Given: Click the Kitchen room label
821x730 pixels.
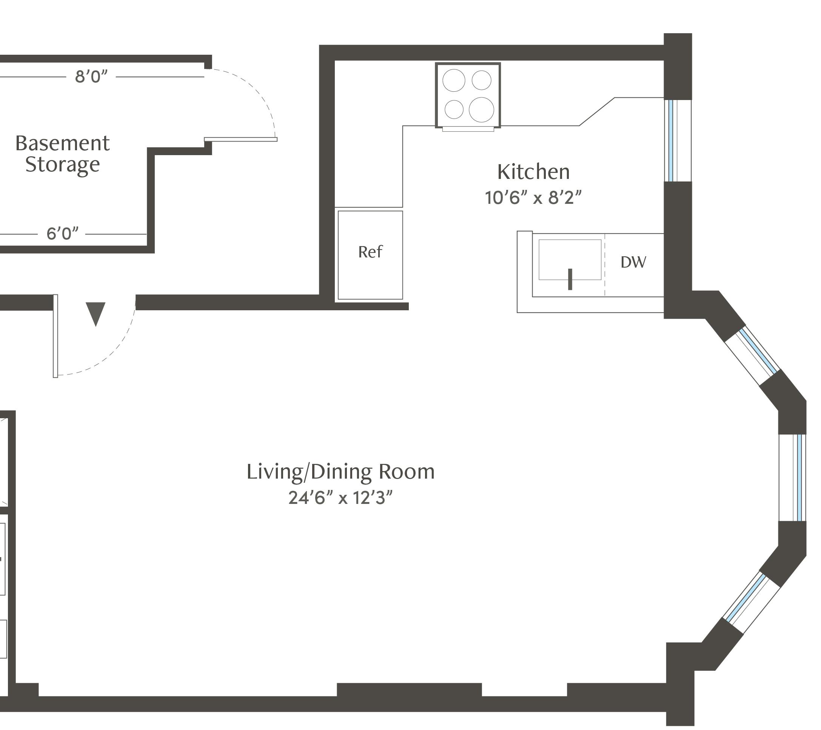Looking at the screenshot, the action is point(533,172).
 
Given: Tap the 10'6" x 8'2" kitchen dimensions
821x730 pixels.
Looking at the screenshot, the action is point(533,197).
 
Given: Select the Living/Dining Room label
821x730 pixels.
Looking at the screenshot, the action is point(340,472).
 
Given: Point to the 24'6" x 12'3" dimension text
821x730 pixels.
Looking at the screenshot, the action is point(340,498).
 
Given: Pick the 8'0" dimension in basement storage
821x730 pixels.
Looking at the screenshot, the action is point(91,76).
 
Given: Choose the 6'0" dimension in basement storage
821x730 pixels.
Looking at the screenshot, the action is point(62,233).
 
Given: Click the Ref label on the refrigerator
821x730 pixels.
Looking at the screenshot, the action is point(370,252).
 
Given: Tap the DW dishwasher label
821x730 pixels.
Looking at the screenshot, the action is point(633,262).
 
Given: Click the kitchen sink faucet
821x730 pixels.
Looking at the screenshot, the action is point(570,279).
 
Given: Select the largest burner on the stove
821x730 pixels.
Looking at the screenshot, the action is point(481,109).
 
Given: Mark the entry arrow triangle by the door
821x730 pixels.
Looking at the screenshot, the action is point(96,314).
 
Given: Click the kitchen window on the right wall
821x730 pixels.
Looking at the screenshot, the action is point(678,140).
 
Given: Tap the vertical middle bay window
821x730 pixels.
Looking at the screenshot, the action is point(792,478).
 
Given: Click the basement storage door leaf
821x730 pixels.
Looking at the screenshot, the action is point(240,139).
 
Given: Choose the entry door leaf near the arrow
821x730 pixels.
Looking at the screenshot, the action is point(55,336).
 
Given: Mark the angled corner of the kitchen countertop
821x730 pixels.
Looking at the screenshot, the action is point(597,112).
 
